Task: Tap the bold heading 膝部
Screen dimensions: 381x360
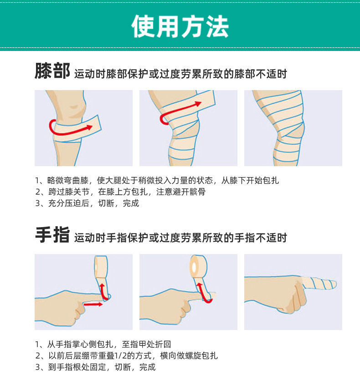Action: pyautogui.click(x=52, y=72)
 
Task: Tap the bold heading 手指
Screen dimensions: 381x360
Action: pyautogui.click(x=52, y=236)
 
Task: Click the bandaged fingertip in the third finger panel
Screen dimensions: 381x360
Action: pyautogui.click(x=321, y=284)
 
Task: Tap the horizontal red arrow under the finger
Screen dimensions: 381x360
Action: pyautogui.click(x=93, y=304)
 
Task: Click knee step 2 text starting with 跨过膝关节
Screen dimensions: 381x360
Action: pyautogui.click(x=120, y=192)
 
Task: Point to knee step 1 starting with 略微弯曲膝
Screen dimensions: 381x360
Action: pyautogui.click(x=157, y=180)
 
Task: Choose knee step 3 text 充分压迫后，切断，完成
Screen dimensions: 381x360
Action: pyautogui.click(x=87, y=203)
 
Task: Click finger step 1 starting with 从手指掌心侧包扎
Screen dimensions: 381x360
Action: pyautogui.click(x=103, y=344)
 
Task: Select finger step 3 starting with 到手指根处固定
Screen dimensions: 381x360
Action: pyautogui.click(x=95, y=367)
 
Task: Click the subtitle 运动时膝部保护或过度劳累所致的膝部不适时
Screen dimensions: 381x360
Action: pyautogui.click(x=180, y=74)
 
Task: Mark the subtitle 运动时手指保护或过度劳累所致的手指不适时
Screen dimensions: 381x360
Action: pyautogui.click(x=180, y=238)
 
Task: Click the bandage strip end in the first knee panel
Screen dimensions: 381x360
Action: pyautogui.click(x=97, y=124)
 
